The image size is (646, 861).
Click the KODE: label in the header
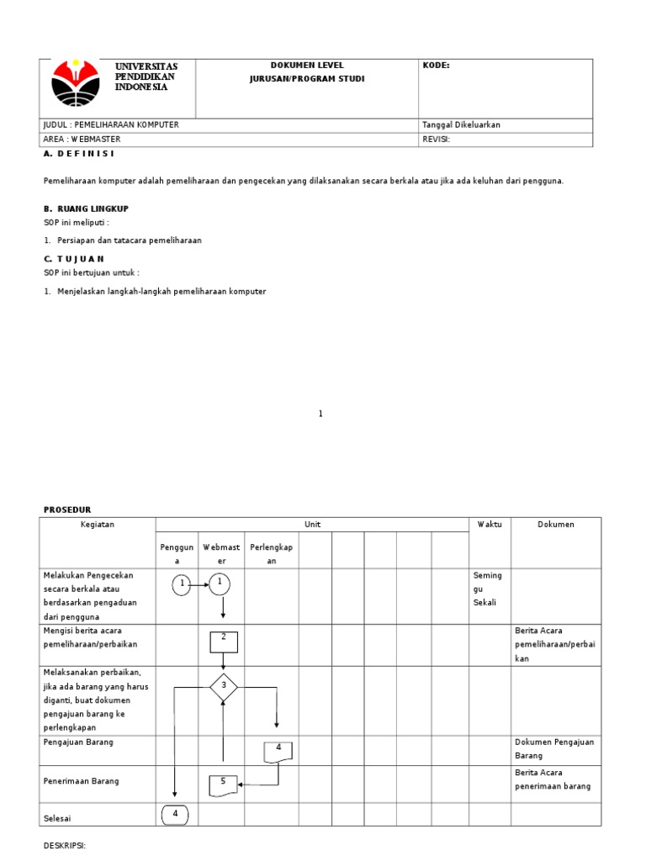click(436, 66)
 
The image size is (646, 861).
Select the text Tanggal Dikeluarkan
click(461, 124)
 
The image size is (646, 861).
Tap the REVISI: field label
click(437, 140)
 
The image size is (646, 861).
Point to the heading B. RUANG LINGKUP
click(86, 209)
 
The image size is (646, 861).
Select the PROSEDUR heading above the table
click(67, 510)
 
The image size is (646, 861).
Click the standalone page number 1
click(320, 414)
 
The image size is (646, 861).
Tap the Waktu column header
click(490, 525)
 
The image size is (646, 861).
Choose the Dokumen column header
click(556, 525)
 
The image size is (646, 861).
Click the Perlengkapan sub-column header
click(272, 554)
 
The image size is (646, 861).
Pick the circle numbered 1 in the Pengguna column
click(182, 584)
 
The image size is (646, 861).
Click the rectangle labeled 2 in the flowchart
click(224, 641)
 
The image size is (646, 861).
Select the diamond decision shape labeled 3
click(223, 687)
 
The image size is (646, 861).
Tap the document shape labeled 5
click(223, 784)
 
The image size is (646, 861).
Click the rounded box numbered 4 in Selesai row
click(176, 814)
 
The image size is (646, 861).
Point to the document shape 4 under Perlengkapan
click(278, 751)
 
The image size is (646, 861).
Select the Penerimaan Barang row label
click(81, 781)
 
